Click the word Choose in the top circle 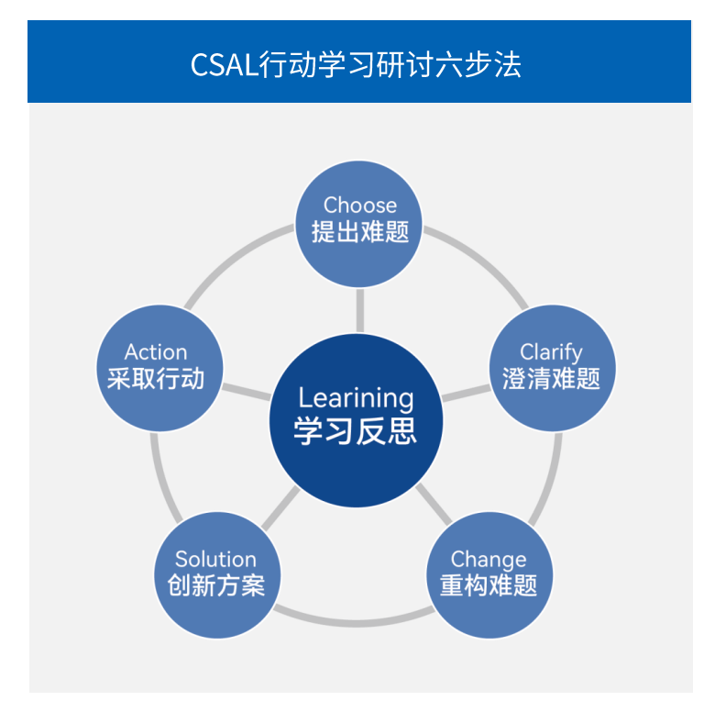(x=360, y=205)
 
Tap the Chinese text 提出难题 (x=360, y=231)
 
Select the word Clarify (x=551, y=351)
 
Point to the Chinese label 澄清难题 (x=551, y=378)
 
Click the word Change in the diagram (x=489, y=559)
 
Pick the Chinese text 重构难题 (x=489, y=585)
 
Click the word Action (x=156, y=351)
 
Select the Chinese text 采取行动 (x=156, y=378)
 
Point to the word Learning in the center (x=357, y=398)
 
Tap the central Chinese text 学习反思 (x=357, y=430)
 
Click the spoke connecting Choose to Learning (x=359, y=310)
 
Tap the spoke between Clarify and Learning (x=467, y=394)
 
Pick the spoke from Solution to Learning (x=280, y=508)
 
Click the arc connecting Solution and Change (x=353, y=620)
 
